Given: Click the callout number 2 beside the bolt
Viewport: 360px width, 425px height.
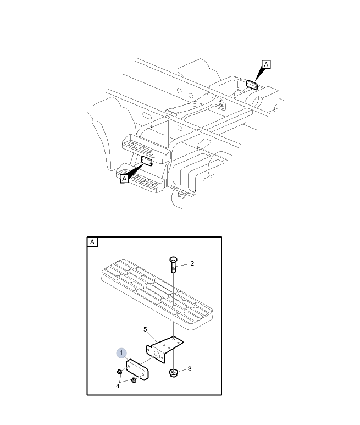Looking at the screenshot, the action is [192, 263].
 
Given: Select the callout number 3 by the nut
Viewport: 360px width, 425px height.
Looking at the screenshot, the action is [190, 368].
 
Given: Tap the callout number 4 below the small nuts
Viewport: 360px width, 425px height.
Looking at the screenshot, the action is [118, 386].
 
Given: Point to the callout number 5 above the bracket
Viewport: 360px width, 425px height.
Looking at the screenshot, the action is [145, 329].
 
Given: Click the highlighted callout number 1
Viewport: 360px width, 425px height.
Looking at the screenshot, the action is [121, 353].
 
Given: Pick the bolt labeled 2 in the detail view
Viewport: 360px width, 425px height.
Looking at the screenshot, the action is [173, 264].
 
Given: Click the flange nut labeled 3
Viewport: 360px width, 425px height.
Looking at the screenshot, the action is [173, 373].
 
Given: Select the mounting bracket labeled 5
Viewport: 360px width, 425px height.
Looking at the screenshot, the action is [164, 350].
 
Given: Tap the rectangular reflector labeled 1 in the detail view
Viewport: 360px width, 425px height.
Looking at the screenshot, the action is [137, 369].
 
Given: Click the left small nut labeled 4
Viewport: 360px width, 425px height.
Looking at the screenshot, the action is [119, 372].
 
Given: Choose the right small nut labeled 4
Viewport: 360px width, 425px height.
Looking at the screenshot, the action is [134, 380].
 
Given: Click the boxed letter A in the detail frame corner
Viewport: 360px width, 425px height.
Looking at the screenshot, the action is [92, 242].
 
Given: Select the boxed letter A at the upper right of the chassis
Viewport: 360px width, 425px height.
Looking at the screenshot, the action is [266, 64].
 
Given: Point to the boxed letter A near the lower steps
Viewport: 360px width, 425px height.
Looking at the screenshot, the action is [124, 179].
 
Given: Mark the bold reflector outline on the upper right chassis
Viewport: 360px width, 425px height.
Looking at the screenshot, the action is [252, 85].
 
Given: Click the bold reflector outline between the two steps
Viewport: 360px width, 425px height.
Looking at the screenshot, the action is [147, 161].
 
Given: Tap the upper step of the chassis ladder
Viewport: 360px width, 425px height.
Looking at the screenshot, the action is [146, 148].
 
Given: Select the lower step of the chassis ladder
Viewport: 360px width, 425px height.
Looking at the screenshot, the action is [140, 178].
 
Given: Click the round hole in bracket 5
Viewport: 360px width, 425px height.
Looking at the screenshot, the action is [157, 354].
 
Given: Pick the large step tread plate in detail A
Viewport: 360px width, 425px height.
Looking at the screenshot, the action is [157, 294].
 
